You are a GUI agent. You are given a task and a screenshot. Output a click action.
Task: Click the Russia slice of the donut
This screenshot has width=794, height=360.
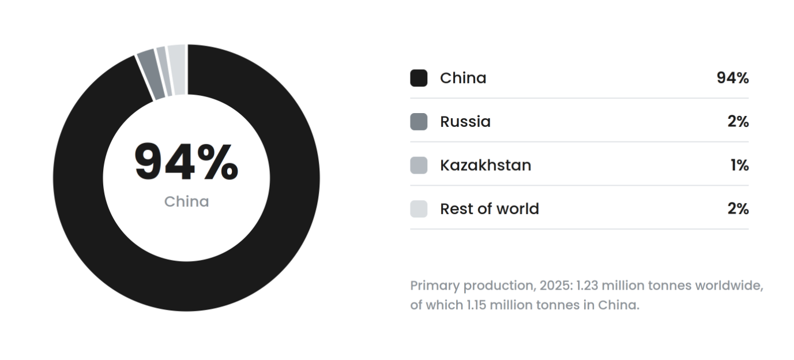(151, 75)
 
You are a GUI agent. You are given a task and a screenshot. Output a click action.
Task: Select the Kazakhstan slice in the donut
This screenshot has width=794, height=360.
(164, 72)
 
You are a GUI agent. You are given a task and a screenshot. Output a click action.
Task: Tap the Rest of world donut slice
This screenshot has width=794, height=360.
(177, 70)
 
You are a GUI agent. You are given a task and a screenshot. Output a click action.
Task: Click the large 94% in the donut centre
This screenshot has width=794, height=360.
(186, 162)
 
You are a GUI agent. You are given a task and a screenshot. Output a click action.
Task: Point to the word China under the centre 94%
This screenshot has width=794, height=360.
(186, 202)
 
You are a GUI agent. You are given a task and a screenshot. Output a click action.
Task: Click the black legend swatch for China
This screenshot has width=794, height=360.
(419, 78)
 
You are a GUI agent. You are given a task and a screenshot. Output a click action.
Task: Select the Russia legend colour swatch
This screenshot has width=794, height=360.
(419, 122)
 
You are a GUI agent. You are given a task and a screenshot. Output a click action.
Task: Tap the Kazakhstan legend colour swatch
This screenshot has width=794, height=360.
(419, 165)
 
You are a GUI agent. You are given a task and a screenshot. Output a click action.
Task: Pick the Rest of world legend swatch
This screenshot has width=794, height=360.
(419, 209)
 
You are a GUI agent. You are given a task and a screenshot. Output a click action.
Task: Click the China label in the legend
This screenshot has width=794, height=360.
(463, 78)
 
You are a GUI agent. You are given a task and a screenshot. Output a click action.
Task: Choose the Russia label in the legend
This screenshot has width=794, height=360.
(465, 122)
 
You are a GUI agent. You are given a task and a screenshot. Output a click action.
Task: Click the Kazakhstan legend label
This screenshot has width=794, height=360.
(486, 165)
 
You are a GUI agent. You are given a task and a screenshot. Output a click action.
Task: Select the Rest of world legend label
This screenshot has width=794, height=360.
(490, 209)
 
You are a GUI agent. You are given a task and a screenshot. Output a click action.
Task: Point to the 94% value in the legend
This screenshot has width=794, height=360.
(733, 78)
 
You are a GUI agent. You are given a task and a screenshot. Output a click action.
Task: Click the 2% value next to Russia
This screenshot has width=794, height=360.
(738, 122)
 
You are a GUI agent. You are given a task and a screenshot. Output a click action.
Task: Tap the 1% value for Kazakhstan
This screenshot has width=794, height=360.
(740, 165)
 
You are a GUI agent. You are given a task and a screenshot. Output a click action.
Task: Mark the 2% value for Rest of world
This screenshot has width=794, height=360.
(738, 209)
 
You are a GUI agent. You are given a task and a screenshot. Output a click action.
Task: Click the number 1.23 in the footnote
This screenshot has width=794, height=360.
(588, 286)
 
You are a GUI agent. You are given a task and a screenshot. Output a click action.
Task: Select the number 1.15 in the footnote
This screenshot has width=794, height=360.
(476, 305)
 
